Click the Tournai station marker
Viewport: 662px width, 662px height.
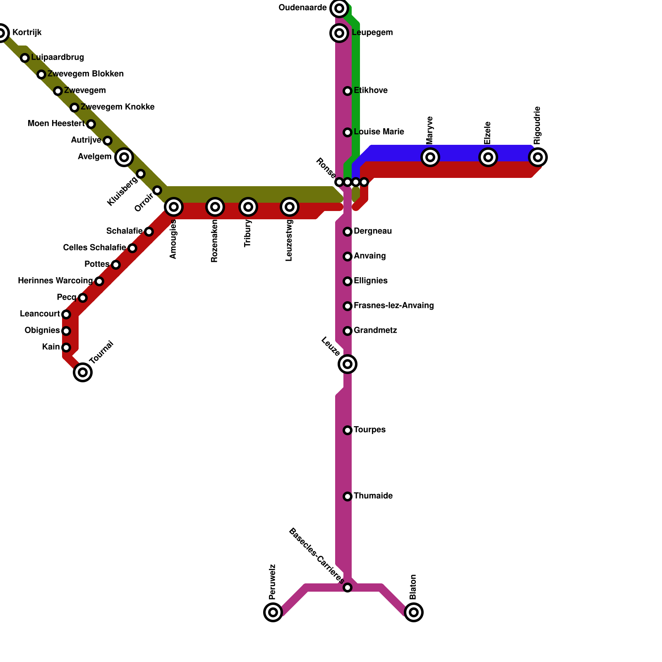[x=83, y=372]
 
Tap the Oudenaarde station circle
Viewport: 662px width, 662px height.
[x=339, y=8]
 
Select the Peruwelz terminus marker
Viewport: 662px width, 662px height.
[x=273, y=612]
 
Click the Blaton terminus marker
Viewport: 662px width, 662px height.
[x=414, y=612]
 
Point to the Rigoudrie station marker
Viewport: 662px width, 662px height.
[x=538, y=157]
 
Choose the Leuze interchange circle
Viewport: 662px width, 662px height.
[x=348, y=364]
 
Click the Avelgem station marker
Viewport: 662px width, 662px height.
[x=124, y=157]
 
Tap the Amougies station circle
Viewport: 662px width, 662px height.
[x=174, y=207]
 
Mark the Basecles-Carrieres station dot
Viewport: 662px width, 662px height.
[x=348, y=588]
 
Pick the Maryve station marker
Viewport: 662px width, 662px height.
[x=430, y=157]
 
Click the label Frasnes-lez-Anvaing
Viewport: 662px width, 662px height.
[x=393, y=306]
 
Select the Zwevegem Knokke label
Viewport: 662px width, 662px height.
[x=118, y=107]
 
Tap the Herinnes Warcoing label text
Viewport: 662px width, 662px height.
[x=55, y=281]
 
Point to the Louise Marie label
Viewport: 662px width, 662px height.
[x=379, y=132]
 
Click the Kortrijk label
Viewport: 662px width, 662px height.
[x=27, y=33]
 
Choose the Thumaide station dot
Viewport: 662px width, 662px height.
[x=348, y=496]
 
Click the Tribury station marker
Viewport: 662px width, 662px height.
[x=248, y=207]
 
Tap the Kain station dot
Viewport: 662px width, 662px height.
[x=66, y=348]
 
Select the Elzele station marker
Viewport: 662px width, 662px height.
[x=488, y=157]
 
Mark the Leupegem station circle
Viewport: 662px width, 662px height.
[x=339, y=33]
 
